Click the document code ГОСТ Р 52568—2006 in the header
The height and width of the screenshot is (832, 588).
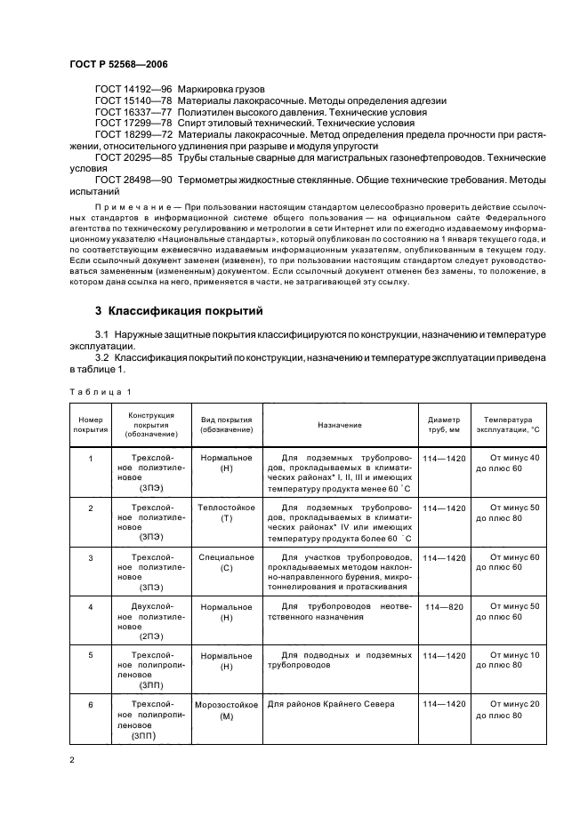(117, 66)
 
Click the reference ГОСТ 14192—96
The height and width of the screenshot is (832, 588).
(133, 91)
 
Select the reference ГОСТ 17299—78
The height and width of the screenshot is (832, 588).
(133, 124)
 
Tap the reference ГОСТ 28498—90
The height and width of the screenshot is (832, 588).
(133, 180)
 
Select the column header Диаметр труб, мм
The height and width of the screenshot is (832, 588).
(444, 426)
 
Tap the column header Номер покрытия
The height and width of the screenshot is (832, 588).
(90, 426)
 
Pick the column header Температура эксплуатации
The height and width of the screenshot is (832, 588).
(508, 426)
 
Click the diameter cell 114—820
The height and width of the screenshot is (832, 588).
(445, 606)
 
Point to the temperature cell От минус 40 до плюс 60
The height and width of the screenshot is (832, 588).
(508, 463)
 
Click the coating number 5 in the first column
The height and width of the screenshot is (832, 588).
(90, 656)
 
